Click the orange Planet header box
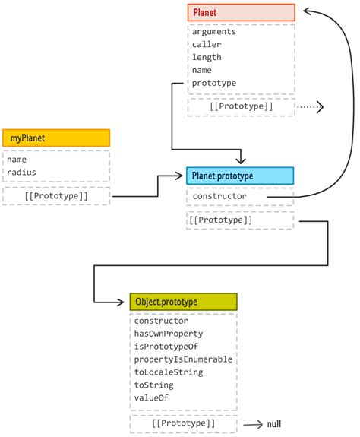[241, 12]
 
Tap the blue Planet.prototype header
[239, 176]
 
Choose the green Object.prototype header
[183, 302]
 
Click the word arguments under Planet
[214, 32]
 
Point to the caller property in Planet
[207, 45]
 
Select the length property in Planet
[207, 58]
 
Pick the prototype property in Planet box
[214, 83]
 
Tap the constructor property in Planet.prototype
[219, 196]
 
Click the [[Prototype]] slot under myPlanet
[56, 196]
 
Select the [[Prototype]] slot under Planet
[241, 106]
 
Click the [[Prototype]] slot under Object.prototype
[183, 422]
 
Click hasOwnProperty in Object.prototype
[168, 333]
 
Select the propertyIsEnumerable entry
[183, 359]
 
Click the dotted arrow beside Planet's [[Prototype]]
[310, 107]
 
